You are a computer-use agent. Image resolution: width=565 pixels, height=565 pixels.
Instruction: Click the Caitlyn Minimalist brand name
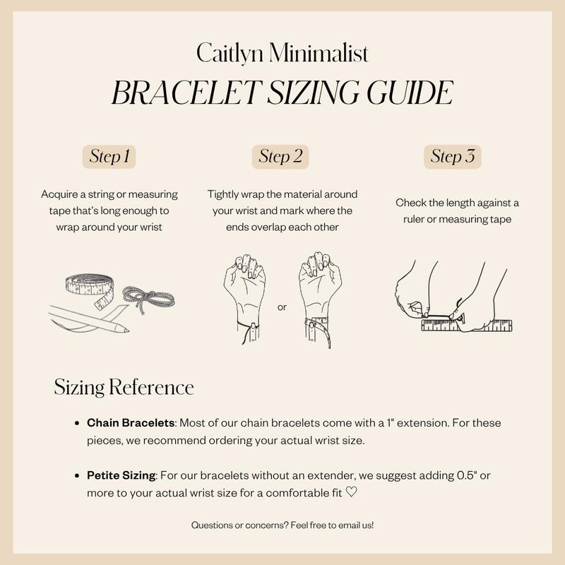(282, 54)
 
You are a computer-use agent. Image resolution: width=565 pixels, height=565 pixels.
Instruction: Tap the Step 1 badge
(109, 157)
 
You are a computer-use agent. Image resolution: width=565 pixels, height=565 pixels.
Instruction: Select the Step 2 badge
(280, 157)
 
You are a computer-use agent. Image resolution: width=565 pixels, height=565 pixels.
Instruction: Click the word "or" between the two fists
(282, 307)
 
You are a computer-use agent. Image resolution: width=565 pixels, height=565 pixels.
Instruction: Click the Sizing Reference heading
(124, 388)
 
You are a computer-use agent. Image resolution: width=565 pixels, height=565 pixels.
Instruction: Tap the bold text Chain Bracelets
(131, 422)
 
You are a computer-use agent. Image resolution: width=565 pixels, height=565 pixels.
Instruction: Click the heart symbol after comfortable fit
(352, 492)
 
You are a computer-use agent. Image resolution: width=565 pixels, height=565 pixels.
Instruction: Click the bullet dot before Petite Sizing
(77, 477)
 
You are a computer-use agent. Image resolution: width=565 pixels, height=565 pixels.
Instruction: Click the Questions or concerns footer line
(282, 525)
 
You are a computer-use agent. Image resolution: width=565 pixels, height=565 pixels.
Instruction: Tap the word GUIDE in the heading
(400, 93)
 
